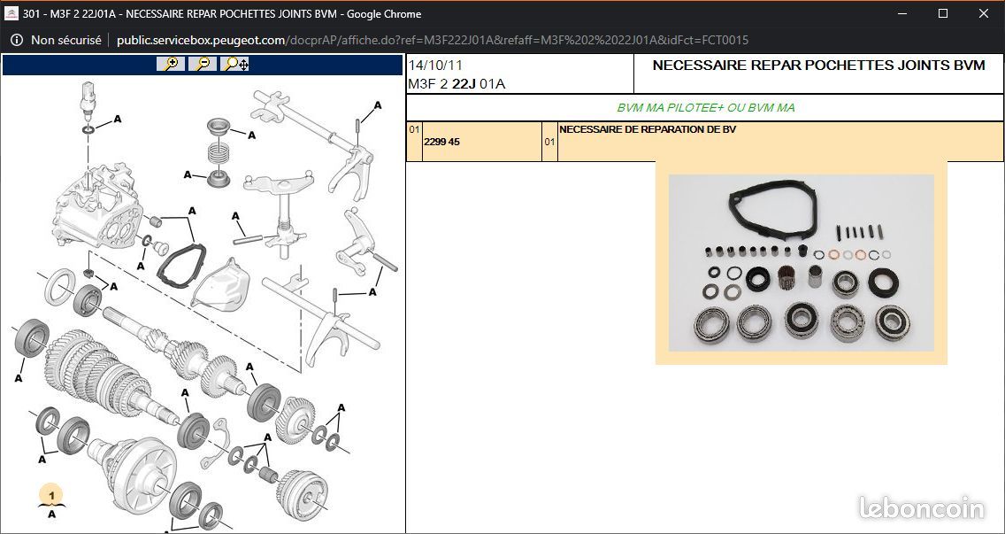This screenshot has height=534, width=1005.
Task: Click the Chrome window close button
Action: pyautogui.click(x=983, y=13)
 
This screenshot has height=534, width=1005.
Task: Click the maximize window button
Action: pyautogui.click(x=943, y=13)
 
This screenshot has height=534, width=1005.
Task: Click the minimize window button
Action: pyautogui.click(x=902, y=13)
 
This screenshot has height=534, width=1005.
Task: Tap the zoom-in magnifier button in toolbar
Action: pyautogui.click(x=171, y=64)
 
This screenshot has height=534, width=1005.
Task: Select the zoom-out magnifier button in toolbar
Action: pyautogui.click(x=203, y=64)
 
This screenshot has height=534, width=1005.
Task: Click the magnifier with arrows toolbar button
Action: pyautogui.click(x=234, y=64)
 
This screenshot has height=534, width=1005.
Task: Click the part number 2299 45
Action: pyautogui.click(x=441, y=142)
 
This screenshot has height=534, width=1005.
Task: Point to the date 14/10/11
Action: pyautogui.click(x=435, y=66)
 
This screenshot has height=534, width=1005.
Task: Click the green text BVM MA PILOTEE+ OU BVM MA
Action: pyautogui.click(x=706, y=108)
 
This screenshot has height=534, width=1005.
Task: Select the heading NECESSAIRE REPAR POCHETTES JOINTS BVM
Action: pyautogui.click(x=818, y=65)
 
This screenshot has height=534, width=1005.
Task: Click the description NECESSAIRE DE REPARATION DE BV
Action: pyautogui.click(x=648, y=129)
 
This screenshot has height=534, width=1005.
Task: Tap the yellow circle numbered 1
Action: pyautogui.click(x=52, y=496)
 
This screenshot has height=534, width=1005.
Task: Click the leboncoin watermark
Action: pyautogui.click(x=921, y=507)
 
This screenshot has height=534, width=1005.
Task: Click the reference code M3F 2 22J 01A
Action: pyautogui.click(x=456, y=84)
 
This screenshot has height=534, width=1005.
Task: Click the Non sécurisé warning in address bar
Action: pyautogui.click(x=65, y=41)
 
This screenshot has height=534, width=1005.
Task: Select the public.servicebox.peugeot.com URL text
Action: pyautogui.click(x=201, y=41)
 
